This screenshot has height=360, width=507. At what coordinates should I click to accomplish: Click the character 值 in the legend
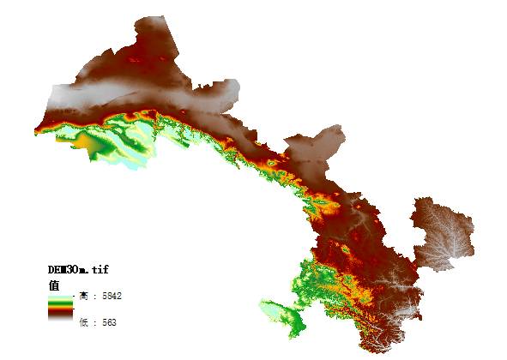(53, 284)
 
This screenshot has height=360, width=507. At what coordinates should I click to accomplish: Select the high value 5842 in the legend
(111, 296)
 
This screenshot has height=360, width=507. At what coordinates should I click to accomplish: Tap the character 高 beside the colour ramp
(83, 296)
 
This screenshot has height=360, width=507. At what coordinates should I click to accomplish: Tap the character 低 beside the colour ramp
(83, 323)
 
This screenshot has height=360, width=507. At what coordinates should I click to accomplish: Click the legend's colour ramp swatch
(61, 308)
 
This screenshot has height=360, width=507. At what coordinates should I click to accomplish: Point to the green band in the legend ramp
(61, 302)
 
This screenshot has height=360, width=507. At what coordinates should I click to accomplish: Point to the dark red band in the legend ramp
(61, 315)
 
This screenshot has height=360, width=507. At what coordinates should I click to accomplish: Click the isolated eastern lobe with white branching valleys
(442, 231)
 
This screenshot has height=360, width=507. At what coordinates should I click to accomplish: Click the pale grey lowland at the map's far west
(73, 99)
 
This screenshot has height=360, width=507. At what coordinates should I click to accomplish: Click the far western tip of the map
(36, 130)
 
